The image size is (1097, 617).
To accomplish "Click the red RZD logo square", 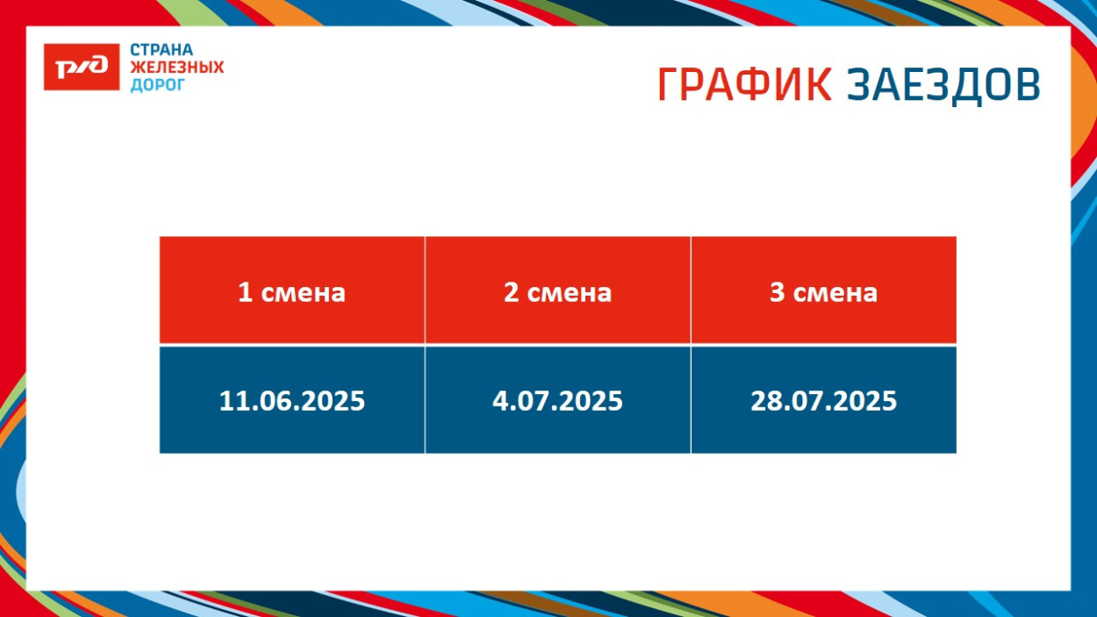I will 81,67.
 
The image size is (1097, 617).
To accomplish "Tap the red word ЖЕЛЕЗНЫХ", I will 176,68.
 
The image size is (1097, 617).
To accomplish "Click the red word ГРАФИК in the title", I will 744,85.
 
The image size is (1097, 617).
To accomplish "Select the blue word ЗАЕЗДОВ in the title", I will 943,85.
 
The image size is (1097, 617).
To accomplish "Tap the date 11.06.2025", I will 291,401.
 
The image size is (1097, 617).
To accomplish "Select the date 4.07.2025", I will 557,401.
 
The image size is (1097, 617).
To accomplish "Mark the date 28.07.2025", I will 823,401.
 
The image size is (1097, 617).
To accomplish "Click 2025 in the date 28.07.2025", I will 864,401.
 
